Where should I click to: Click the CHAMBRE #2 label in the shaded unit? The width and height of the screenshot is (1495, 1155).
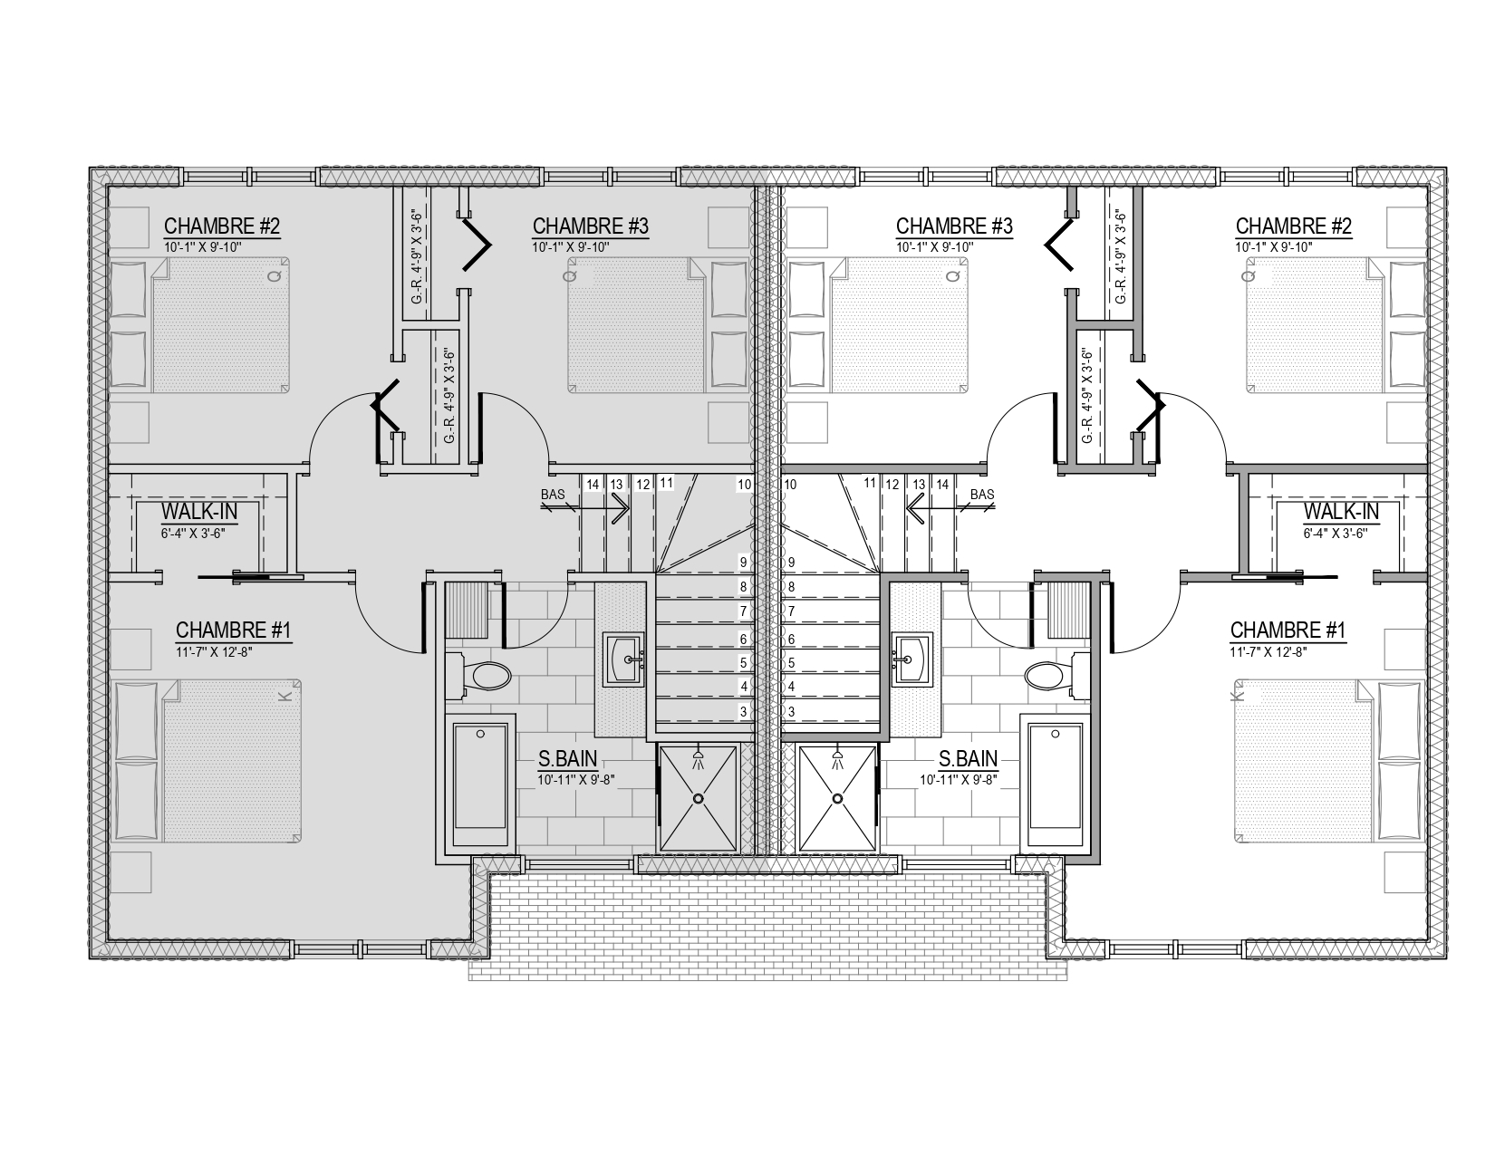(222, 226)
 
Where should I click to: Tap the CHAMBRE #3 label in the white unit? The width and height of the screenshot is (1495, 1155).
(953, 226)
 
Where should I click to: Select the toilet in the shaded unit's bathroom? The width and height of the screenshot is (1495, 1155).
(478, 675)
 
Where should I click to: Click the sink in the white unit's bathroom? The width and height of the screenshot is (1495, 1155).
(912, 659)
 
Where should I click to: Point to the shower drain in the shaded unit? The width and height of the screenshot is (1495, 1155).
(699, 798)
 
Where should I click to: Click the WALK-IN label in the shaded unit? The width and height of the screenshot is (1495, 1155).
(198, 511)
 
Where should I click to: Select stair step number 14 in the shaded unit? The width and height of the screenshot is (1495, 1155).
(593, 485)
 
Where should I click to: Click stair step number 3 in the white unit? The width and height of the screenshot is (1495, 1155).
(791, 712)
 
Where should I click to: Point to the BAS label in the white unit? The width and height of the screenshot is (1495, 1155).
(982, 494)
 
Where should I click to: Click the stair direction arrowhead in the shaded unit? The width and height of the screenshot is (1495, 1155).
(622, 509)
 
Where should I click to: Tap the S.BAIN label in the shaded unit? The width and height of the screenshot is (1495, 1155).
(567, 758)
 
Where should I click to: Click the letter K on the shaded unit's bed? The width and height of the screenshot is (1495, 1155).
(286, 697)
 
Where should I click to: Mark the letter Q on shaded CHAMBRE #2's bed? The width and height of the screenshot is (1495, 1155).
(274, 276)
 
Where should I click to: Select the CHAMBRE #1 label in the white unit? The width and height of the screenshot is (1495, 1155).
(1288, 630)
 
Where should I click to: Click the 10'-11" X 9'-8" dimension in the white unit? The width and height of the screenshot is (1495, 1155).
(959, 780)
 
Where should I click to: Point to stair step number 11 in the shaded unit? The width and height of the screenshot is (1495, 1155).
(666, 483)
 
